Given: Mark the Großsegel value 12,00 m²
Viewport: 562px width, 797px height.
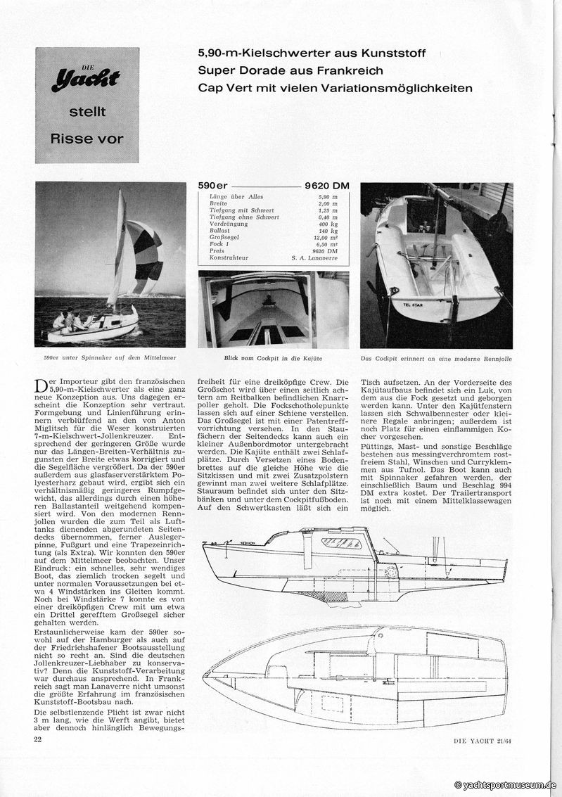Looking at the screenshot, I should (x=325, y=237).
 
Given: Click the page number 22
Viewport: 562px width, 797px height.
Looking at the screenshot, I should (x=39, y=739).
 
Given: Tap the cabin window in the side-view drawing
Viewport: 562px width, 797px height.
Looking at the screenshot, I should (x=341, y=542).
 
